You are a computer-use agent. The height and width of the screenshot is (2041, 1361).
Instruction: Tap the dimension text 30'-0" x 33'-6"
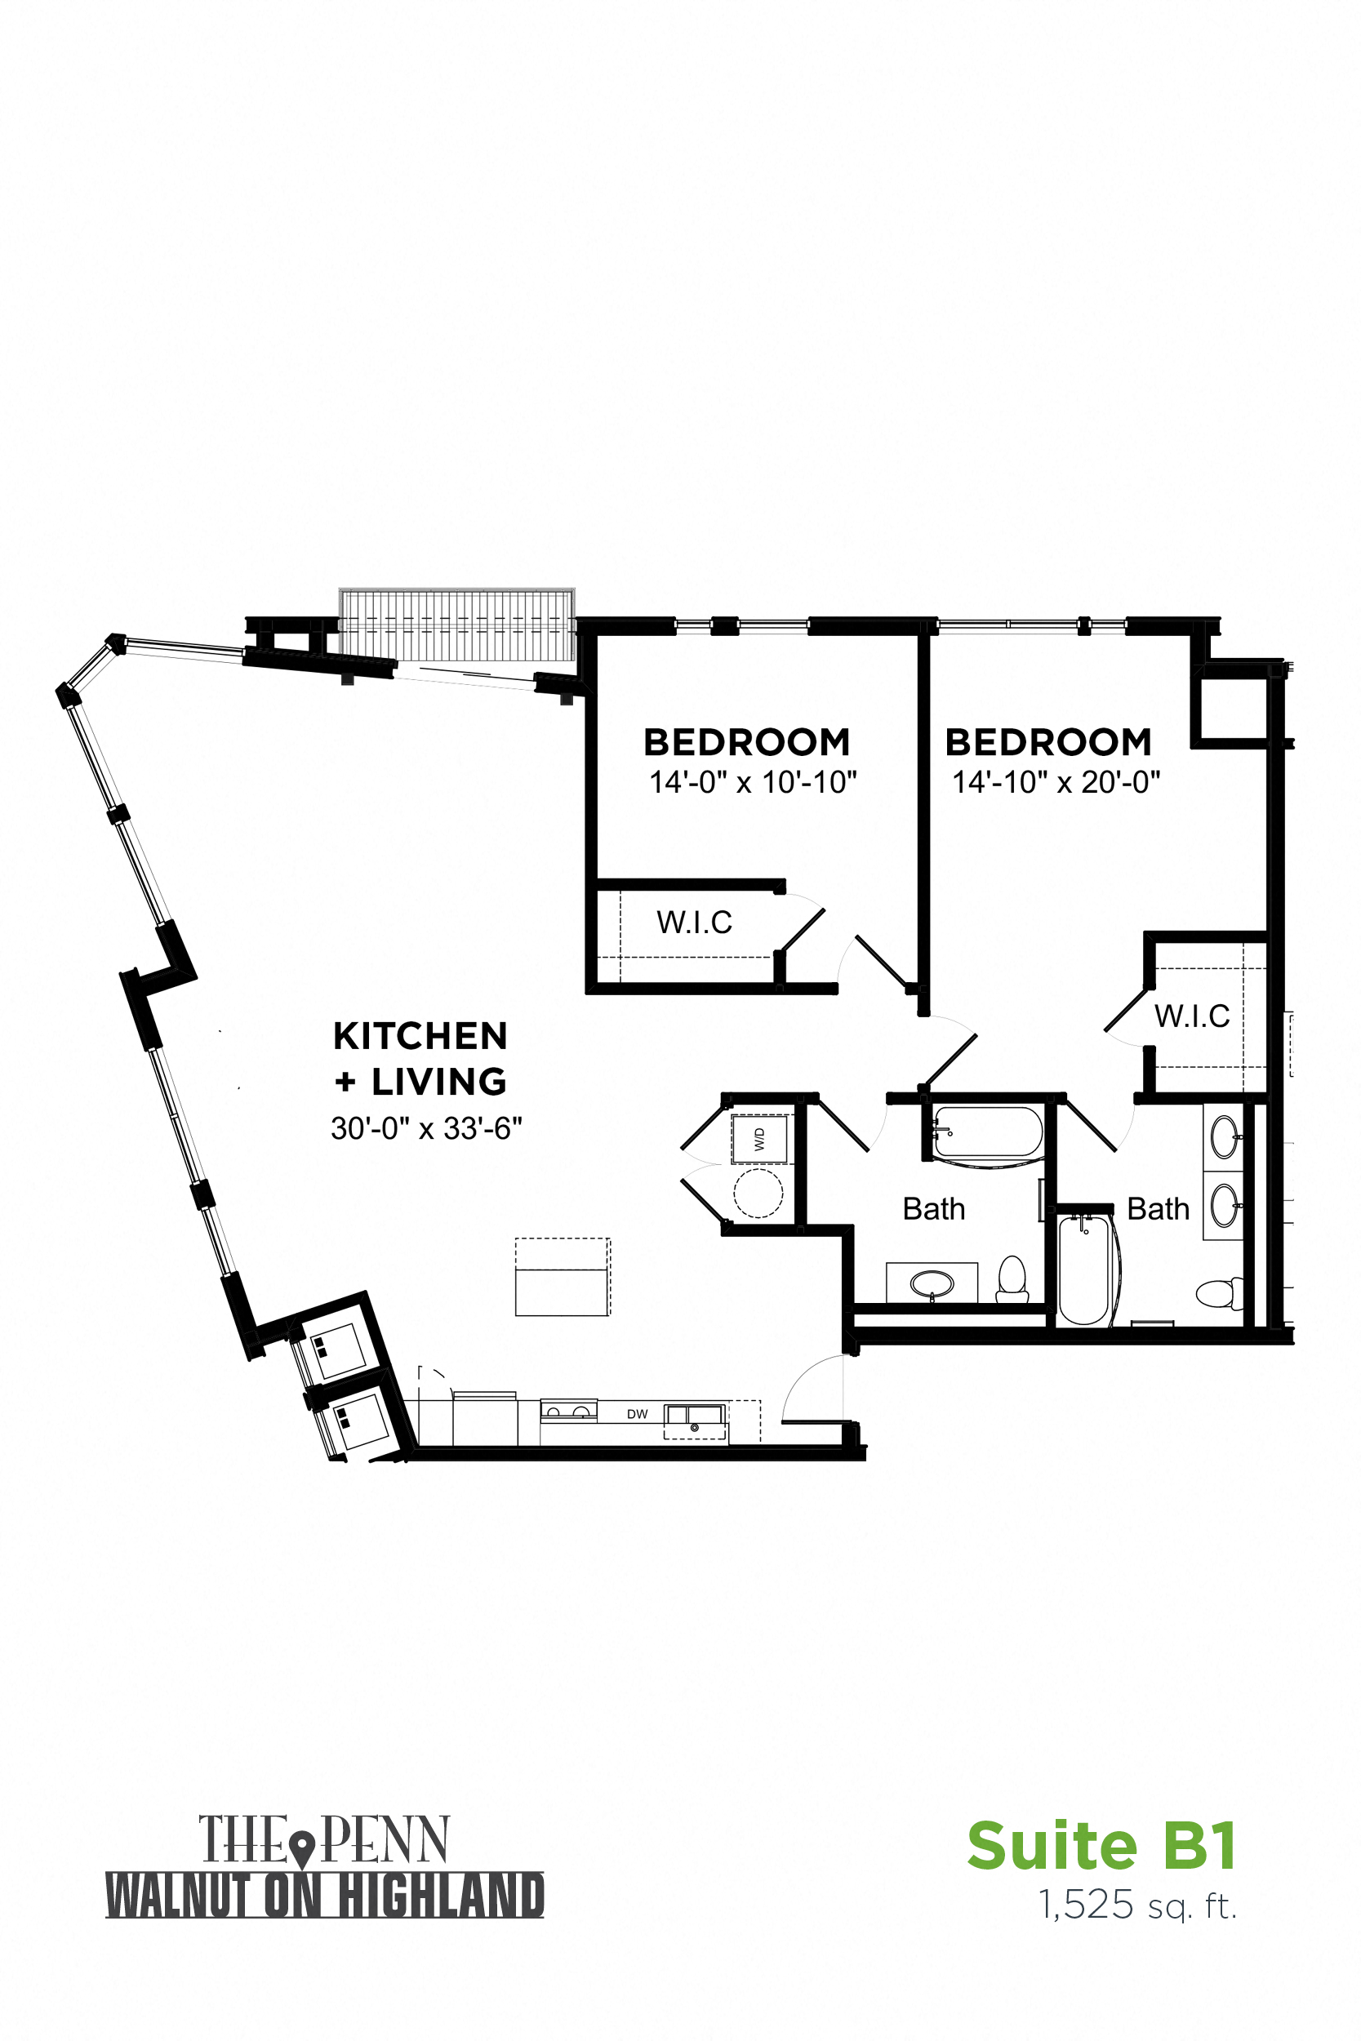click(x=426, y=1128)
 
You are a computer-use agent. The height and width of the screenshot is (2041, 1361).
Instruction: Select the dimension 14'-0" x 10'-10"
click(x=753, y=782)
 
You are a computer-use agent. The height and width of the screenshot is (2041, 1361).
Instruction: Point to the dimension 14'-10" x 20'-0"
click(x=1056, y=782)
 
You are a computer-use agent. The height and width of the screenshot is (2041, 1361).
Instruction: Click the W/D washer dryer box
click(x=759, y=1140)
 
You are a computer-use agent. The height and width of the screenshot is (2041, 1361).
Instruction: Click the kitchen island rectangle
click(x=563, y=1277)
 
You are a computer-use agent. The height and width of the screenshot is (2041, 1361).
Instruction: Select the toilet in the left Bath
click(x=1012, y=1280)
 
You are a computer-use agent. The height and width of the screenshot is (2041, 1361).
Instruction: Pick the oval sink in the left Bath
click(x=932, y=1283)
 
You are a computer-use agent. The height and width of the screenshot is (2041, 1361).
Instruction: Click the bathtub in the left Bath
click(x=988, y=1132)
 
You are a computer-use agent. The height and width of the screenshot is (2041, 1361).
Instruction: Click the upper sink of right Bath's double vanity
click(x=1224, y=1136)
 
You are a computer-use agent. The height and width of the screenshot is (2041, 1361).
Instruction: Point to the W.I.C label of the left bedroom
click(x=695, y=923)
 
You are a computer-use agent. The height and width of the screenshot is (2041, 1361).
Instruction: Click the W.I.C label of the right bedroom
click(x=1192, y=1016)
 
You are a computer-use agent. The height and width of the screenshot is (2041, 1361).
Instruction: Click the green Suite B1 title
click(x=1102, y=1848)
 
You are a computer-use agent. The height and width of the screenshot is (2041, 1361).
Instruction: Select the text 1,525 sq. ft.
click(x=1137, y=1905)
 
